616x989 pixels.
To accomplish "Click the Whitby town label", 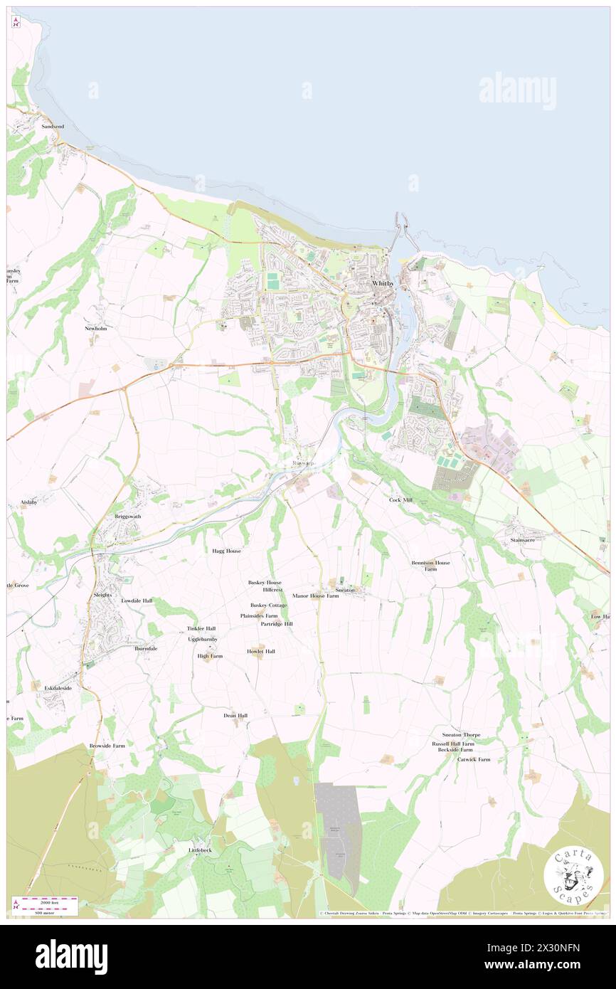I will pos(383,283).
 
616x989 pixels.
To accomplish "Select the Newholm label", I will pos(96,329).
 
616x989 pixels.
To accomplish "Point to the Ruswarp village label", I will pos(303,463).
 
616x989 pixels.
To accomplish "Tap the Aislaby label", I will pos(28,502).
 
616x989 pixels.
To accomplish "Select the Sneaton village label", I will pos(345,590).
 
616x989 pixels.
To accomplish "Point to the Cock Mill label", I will pos(400,500).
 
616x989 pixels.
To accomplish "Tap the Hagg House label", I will pos(226,551).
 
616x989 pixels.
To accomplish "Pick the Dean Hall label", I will pos(235,715).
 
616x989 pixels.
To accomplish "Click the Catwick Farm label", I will pos(474,759).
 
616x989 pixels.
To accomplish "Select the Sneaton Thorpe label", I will pos(461,734).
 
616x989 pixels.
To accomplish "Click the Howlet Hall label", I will pos(261,651).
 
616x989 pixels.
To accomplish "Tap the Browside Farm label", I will pos(107,746).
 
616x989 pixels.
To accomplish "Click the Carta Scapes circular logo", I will pos(573,875).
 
